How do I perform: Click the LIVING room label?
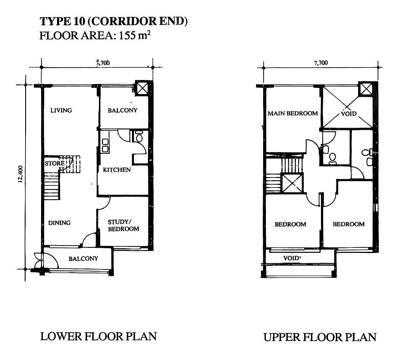(x=61, y=110)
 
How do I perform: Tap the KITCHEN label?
(x=117, y=170)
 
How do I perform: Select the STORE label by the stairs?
(x=54, y=163)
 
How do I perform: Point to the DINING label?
(x=59, y=223)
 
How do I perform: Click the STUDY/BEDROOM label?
(x=123, y=225)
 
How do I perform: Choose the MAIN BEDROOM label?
(x=293, y=114)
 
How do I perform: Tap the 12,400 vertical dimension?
(x=21, y=174)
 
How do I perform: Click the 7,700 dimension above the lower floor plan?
(x=103, y=63)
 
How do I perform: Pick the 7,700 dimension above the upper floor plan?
(x=321, y=63)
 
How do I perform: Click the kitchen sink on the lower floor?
(x=105, y=145)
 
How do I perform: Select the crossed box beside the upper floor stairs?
(x=292, y=183)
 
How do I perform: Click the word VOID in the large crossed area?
(x=349, y=114)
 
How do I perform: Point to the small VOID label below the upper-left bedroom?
(x=292, y=258)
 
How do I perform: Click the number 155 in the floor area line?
(x=127, y=35)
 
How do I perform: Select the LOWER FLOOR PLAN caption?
(x=98, y=337)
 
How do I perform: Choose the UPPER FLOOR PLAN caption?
(x=320, y=337)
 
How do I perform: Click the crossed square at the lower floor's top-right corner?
(x=142, y=88)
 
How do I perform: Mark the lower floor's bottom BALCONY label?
(x=83, y=258)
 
